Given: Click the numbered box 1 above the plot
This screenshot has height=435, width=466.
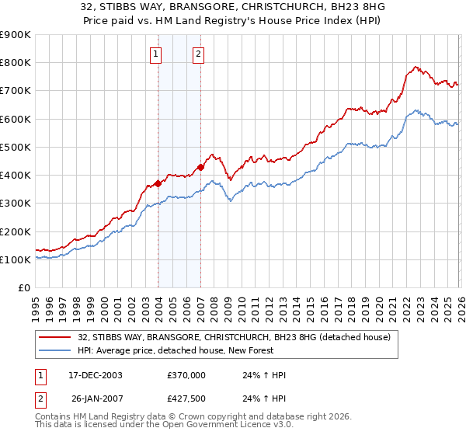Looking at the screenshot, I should pyautogui.click(x=157, y=54).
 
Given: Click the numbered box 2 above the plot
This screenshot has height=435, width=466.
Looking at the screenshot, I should pyautogui.click(x=199, y=54).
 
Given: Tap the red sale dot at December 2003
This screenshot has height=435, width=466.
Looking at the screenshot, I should pyautogui.click(x=158, y=183).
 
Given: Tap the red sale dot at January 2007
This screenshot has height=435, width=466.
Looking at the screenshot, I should pyautogui.click(x=200, y=167).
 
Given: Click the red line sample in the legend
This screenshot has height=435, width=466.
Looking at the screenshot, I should pyautogui.click(x=55, y=337).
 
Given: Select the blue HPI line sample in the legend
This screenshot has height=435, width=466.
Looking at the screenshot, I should pyautogui.click(x=55, y=350).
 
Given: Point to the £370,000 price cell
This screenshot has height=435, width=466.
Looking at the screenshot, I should pyautogui.click(x=186, y=375).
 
